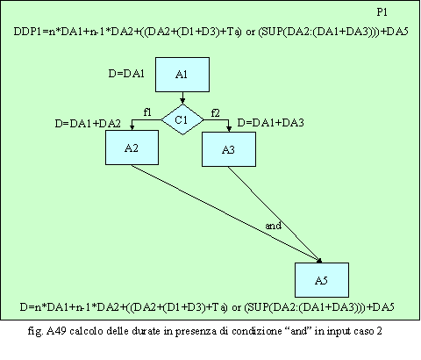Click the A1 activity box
pyautogui.click(x=182, y=75)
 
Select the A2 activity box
pyautogui.click(x=132, y=148)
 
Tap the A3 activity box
pyautogui.click(x=229, y=149)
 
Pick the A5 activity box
pyautogui.click(x=322, y=280)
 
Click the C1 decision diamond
pyautogui.click(x=182, y=119)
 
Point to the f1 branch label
pyautogui.click(x=147, y=112)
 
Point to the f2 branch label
pyautogui.click(x=215, y=113)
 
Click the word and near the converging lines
pyautogui.click(x=274, y=226)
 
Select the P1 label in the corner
pyautogui.click(x=382, y=12)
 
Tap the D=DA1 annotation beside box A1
pyautogui.click(x=126, y=74)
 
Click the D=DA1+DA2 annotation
pyautogui.click(x=88, y=124)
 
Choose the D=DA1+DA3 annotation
pyautogui.click(x=270, y=123)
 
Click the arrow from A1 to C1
pyautogui.click(x=182, y=98)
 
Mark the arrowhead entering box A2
pyautogui.click(x=132, y=127)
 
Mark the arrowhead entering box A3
pyautogui.click(x=229, y=129)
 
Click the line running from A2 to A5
pyautogui.click(x=225, y=212)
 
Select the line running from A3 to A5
pyautogui.click(x=275, y=214)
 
